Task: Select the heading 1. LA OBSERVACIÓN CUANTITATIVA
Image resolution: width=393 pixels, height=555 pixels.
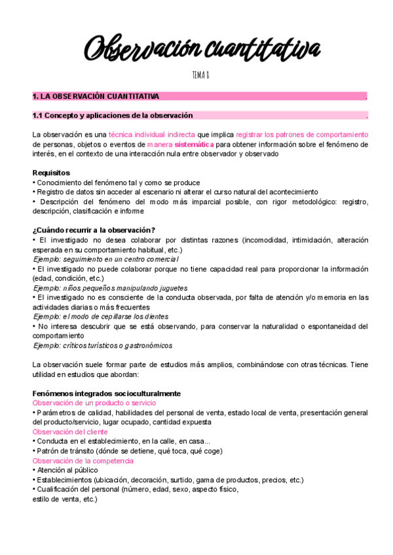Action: [x=96, y=97]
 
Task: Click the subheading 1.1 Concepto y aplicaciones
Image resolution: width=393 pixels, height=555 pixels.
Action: [x=113, y=116]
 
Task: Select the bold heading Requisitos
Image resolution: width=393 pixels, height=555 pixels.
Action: [x=51, y=173]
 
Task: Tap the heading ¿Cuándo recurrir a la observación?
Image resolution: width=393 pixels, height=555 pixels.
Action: [x=94, y=230]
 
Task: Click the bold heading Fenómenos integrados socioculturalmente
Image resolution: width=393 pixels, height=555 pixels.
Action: [x=107, y=393]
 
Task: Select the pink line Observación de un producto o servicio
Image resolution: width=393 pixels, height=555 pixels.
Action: [x=94, y=403]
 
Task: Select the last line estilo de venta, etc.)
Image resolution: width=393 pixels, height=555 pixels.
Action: [x=65, y=499]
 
